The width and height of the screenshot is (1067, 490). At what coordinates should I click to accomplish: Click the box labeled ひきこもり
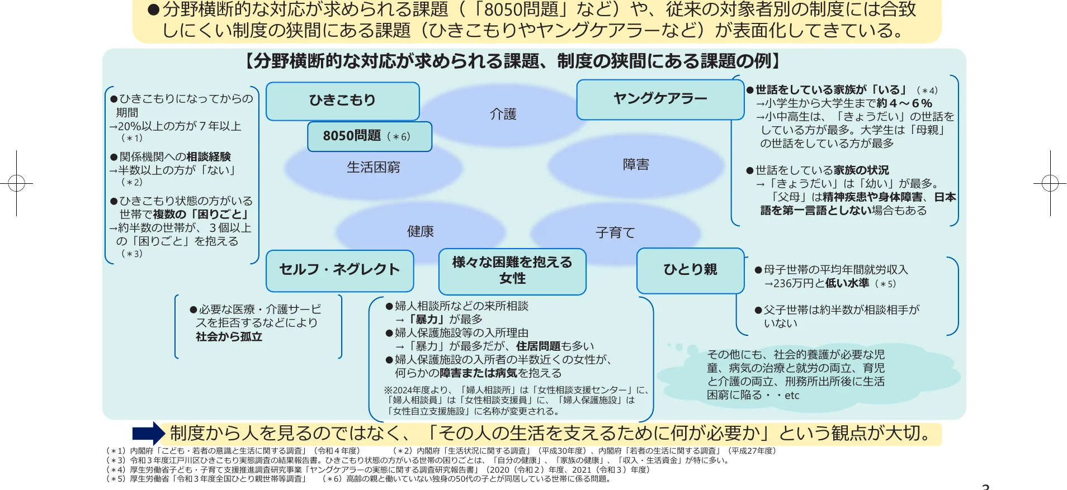pyautogui.click(x=342, y=101)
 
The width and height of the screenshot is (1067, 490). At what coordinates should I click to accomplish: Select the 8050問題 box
pyautogui.click(x=369, y=136)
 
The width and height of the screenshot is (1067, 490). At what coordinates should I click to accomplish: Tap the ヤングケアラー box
pyautogui.click(x=660, y=99)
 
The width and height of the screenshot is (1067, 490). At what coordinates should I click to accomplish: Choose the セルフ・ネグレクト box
pyautogui.click(x=339, y=270)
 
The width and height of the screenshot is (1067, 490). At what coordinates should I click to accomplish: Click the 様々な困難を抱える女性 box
pyautogui.click(x=512, y=271)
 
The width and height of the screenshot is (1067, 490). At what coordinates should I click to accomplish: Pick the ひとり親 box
pyautogui.click(x=690, y=270)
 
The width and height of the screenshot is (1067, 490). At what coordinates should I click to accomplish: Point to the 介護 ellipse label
pyautogui.click(x=503, y=115)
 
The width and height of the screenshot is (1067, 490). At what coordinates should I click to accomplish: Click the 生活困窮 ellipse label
pyautogui.click(x=373, y=167)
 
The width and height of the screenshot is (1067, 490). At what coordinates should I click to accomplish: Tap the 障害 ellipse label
pyautogui.click(x=636, y=165)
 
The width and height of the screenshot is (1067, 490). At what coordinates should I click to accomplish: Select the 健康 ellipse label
pyautogui.click(x=421, y=231)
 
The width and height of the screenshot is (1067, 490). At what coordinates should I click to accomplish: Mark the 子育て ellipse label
pyautogui.click(x=615, y=232)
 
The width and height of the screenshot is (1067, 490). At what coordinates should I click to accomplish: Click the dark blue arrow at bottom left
pyautogui.click(x=148, y=433)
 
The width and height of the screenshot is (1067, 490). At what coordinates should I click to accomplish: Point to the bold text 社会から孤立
pyautogui.click(x=229, y=337)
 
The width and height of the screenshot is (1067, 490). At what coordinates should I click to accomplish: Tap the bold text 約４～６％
pyautogui.click(x=904, y=103)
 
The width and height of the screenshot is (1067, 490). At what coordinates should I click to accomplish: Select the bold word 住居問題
pyautogui.click(x=538, y=346)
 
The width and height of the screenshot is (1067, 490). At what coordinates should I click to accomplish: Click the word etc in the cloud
pyautogui.click(x=792, y=396)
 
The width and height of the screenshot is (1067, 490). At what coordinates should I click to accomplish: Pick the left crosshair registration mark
pyautogui.click(x=17, y=183)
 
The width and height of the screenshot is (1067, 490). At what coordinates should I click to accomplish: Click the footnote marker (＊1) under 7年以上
pyautogui.click(x=132, y=138)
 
